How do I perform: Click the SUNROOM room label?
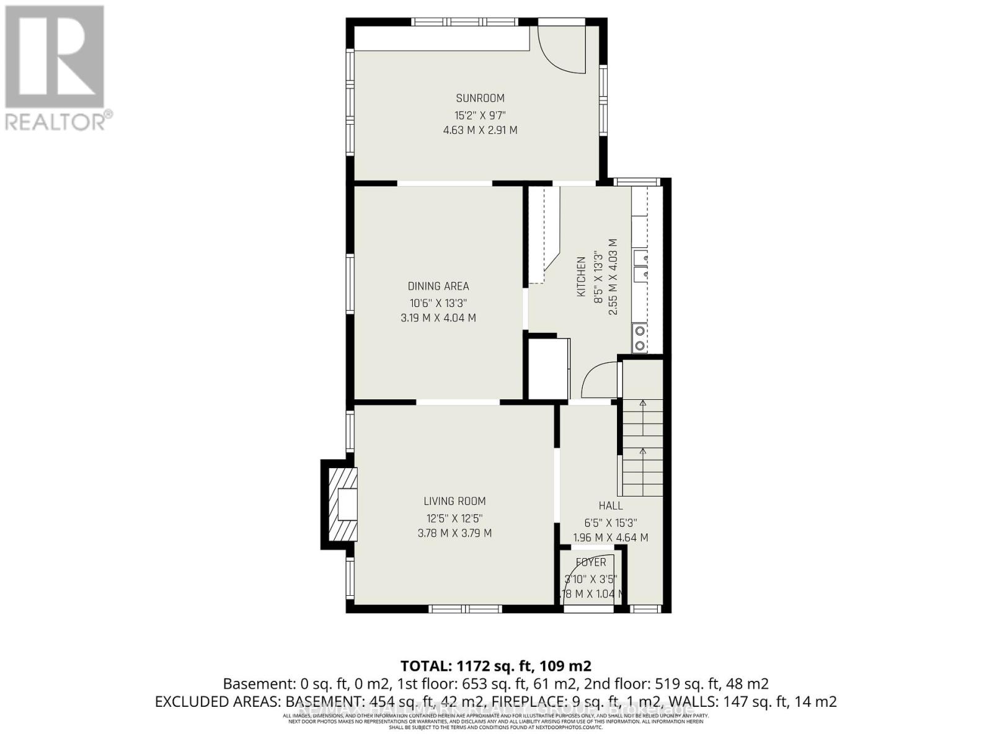480,98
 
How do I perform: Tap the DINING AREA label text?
438,286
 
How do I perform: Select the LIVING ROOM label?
454,501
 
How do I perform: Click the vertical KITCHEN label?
582,277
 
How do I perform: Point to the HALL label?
611,506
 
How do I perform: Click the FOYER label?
591,562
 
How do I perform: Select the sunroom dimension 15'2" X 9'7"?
480,115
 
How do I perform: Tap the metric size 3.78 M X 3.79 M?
454,533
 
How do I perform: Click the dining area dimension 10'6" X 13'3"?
438,303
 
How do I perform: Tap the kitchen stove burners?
639,338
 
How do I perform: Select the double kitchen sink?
640,266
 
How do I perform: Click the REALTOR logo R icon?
55,57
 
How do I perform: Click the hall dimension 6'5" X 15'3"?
611,523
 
